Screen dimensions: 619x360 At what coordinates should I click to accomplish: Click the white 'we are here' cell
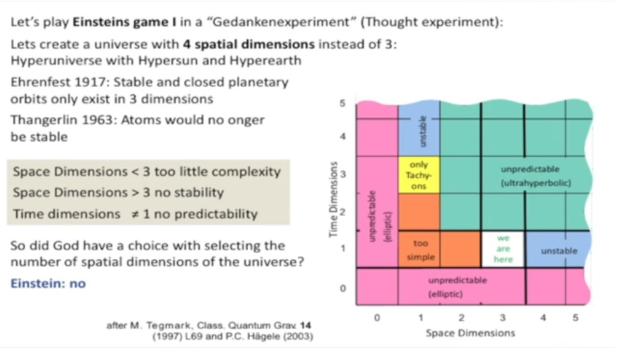coord(503,249)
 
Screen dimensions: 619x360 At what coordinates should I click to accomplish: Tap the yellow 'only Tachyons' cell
coord(419,175)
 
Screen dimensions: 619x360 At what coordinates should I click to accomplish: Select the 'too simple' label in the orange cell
coord(420,250)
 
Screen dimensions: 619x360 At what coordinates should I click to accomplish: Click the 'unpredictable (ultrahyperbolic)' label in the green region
coord(536,176)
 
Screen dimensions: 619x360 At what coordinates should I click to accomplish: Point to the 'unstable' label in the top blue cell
coord(423,131)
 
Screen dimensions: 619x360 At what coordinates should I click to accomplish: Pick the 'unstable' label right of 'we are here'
coord(559,251)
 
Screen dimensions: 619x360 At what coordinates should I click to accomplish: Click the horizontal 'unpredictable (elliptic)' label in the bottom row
coord(457,287)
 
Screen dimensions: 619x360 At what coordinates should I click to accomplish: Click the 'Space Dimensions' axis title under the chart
coord(470,333)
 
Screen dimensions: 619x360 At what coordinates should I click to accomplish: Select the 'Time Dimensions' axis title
coord(334,200)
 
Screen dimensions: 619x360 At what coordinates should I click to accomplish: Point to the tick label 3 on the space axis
coord(502,318)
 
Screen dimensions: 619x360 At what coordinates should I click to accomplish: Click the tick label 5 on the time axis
coord(342,104)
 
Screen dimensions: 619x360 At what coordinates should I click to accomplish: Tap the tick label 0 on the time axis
coord(343,288)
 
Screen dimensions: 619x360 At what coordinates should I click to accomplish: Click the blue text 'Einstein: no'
coord(48,283)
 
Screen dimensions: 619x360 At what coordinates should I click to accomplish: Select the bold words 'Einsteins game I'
coord(124,22)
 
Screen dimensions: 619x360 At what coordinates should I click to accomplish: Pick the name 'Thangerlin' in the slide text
coord(44,120)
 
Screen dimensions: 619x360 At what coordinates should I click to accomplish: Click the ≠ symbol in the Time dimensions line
coord(136,214)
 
